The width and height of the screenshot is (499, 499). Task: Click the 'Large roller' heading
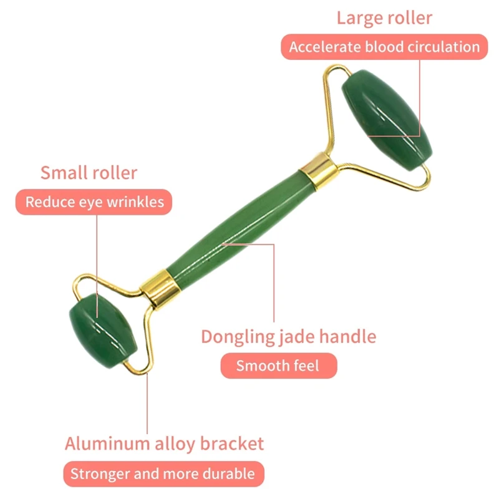[x=384, y=17]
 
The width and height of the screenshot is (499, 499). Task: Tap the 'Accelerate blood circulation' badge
[x=384, y=47]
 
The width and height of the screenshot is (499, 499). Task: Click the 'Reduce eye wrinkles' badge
[x=94, y=202]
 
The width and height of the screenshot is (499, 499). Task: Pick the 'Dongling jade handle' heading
[x=288, y=337]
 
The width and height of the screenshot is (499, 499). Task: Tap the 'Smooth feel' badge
[x=278, y=366]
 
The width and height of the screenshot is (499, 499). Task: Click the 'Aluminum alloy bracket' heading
[x=164, y=444]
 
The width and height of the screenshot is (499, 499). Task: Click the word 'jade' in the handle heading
[x=297, y=337]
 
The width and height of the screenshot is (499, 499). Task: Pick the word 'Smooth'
[x=260, y=366]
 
